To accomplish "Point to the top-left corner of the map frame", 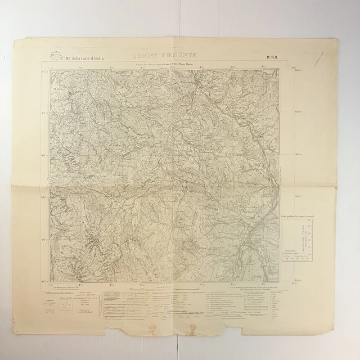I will [x=49, y=69].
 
